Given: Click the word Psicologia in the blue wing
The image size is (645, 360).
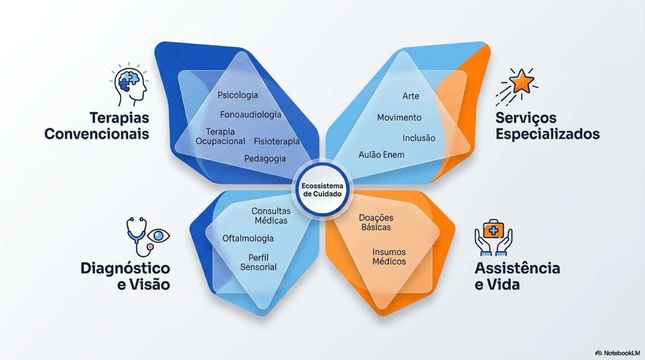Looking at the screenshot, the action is point(237,95).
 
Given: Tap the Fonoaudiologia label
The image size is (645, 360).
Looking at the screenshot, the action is point(251,115).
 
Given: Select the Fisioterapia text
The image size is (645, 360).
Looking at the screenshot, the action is point(277,141).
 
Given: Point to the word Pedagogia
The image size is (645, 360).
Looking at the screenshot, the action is point(265,159).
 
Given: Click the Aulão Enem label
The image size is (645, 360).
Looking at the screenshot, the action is point(381,155).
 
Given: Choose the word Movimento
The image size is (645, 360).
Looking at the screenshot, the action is point(399,117).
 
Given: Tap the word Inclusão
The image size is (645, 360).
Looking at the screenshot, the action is point(419,138).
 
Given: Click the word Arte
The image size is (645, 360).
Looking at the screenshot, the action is point(411,96).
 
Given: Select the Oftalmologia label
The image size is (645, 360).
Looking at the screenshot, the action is point(248,238).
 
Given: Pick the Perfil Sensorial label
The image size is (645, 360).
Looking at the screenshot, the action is point(258,262).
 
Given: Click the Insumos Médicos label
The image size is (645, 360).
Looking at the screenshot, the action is point(389,256).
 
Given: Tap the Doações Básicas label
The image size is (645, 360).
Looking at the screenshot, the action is point(376,222).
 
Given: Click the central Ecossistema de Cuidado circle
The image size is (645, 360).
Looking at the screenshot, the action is point(322,190).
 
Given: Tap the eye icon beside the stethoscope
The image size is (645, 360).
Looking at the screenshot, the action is point(158,236).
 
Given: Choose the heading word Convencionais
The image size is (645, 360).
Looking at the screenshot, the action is point(97,134).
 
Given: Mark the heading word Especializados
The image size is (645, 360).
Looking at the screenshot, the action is point(547,135).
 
